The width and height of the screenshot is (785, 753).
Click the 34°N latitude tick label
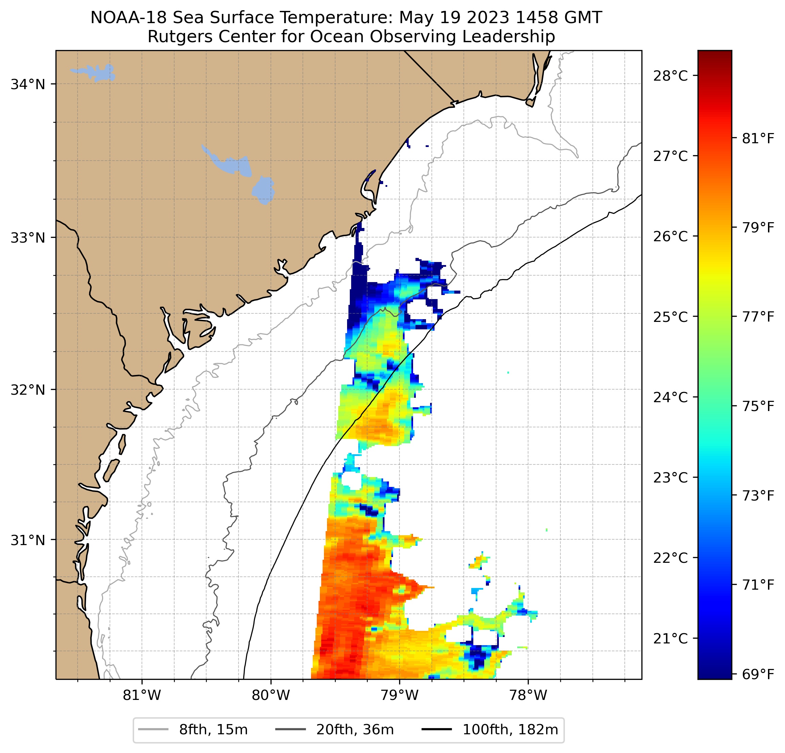point(28,84)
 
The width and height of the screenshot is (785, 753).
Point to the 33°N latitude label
point(28,238)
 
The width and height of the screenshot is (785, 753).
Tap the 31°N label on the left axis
point(28,540)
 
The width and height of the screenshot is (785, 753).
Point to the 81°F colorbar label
point(758,138)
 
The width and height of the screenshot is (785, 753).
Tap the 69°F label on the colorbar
point(758,674)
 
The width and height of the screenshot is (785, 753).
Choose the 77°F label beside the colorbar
point(758,317)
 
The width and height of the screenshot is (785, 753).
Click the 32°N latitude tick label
point(28,390)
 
